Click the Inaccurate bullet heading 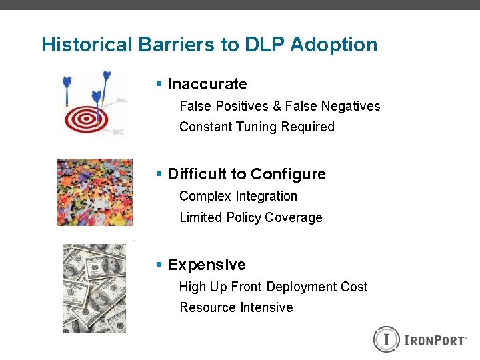pyautogui.click(x=207, y=84)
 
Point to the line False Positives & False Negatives pyautogui.click(x=280, y=106)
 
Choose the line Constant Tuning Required pyautogui.click(x=257, y=127)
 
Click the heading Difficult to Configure pyautogui.click(x=246, y=174)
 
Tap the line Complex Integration pyautogui.click(x=238, y=196)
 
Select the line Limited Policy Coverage pyautogui.click(x=251, y=217)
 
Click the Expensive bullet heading pyautogui.click(x=206, y=265)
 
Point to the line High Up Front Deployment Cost pyautogui.click(x=273, y=287)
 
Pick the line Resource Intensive pyautogui.click(x=236, y=307)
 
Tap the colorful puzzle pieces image pyautogui.click(x=95, y=192)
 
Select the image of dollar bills pyautogui.click(x=94, y=288)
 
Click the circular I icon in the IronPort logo pyautogui.click(x=385, y=339)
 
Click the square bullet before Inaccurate pyautogui.click(x=159, y=84)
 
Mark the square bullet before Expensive pyautogui.click(x=159, y=265)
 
